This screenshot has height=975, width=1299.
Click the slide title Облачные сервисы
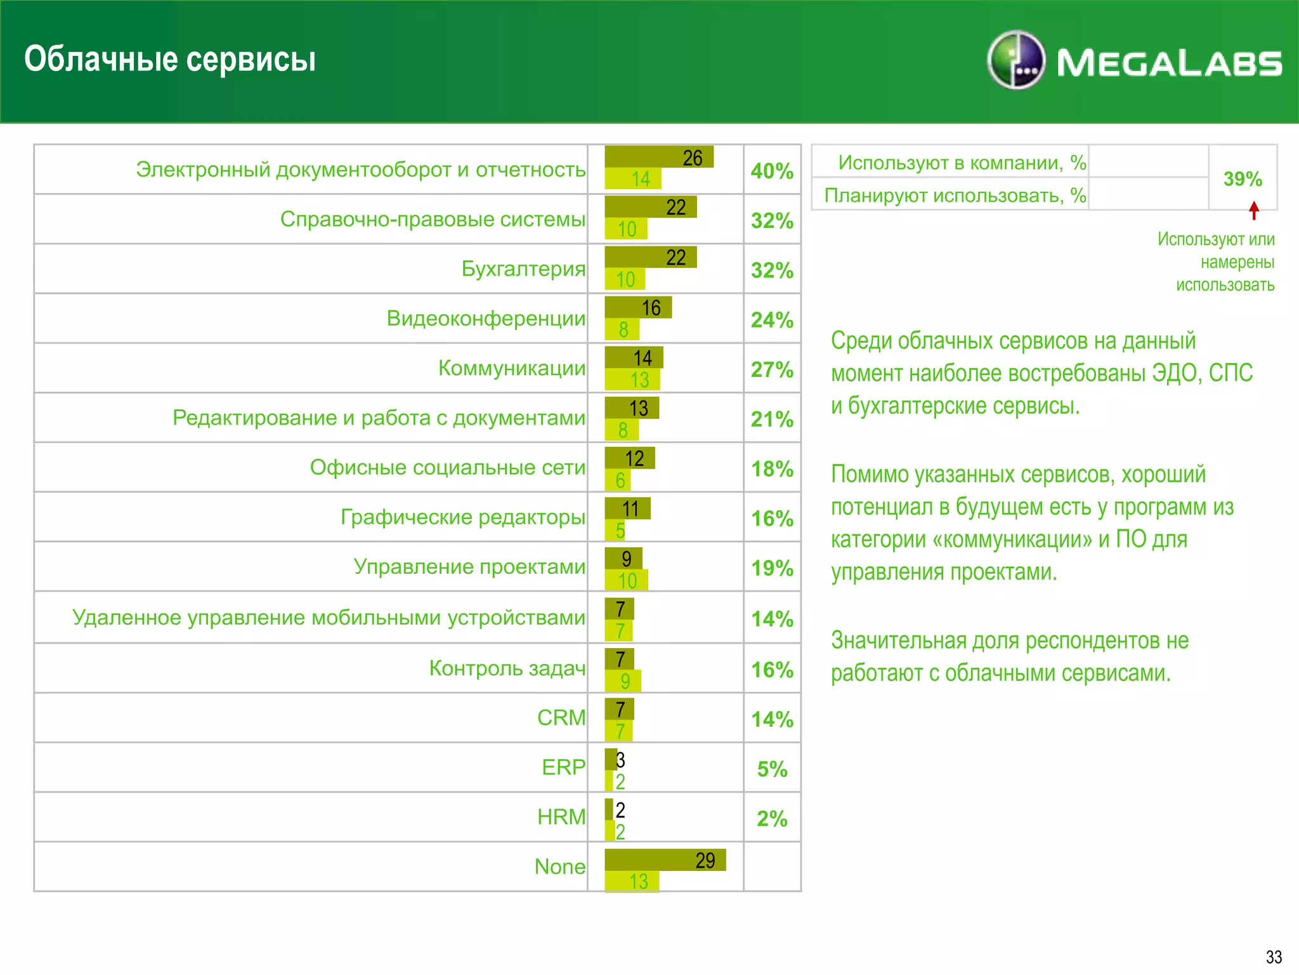tap(170, 59)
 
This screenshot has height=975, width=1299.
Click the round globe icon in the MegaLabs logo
tap(1015, 60)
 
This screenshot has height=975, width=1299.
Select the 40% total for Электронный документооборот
tap(772, 171)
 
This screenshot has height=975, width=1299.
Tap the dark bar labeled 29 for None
tap(665, 859)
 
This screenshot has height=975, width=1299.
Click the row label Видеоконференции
tap(486, 318)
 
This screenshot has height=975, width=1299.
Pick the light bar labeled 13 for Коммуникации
tap(632, 380)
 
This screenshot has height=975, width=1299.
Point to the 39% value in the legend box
tap(1243, 179)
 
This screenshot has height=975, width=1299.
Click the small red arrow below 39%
tap(1254, 210)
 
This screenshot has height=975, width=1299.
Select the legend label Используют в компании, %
tap(962, 162)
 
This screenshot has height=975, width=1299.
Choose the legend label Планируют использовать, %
tap(955, 195)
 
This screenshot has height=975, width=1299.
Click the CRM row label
tap(561, 717)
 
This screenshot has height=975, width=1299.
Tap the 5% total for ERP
tap(772, 769)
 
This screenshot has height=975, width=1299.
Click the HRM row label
tap(561, 816)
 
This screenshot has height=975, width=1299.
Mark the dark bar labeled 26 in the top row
tap(659, 157)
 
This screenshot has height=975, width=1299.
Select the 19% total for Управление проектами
tap(772, 567)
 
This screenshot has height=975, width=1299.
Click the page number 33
tap(1274, 957)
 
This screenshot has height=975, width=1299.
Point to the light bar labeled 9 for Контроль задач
tap(623, 681)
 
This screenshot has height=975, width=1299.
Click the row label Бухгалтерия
tap(523, 269)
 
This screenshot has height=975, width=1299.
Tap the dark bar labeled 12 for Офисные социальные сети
tap(629, 458)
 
